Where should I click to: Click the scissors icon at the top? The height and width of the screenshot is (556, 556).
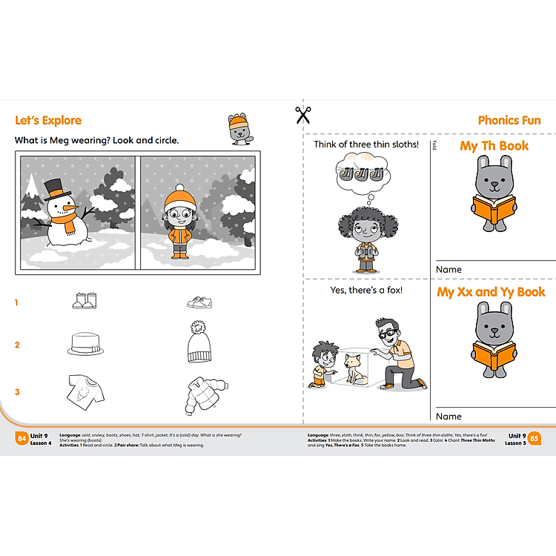[302, 115]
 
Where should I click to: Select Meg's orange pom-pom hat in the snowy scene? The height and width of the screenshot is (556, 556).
[179, 199]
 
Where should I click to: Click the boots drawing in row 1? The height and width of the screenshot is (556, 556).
[84, 300]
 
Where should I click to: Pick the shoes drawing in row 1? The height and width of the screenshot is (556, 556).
[199, 302]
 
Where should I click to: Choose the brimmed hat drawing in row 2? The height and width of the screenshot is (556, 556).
[85, 343]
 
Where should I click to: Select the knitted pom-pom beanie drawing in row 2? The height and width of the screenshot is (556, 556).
[199, 342]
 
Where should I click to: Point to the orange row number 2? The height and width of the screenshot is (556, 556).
[17, 345]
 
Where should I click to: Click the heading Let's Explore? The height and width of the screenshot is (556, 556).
[48, 121]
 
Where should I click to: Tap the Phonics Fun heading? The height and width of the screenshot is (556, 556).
[509, 120]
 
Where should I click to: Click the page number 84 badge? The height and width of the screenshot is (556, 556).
[21, 439]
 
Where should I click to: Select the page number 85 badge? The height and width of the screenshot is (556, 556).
[534, 439]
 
